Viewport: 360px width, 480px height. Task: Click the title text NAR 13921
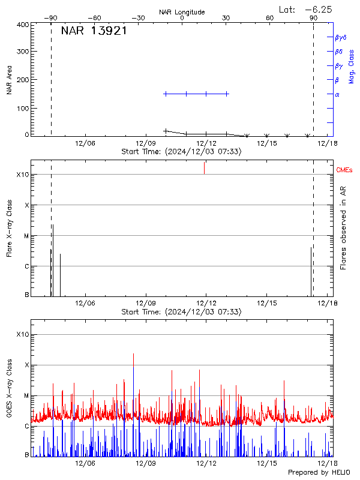coord(94,31)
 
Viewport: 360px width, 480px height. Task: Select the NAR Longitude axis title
coord(182,12)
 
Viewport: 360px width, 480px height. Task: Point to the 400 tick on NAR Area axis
coord(23,25)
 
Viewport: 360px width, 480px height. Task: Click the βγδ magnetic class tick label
coord(341,37)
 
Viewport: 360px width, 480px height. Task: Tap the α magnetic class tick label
coord(337,94)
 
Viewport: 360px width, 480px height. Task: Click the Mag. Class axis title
coord(352,67)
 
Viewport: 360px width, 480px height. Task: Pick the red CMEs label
coord(344,170)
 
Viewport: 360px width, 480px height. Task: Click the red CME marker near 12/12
coord(204,168)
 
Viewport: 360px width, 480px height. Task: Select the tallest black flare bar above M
coord(53,258)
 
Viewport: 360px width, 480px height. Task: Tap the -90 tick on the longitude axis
coord(52,18)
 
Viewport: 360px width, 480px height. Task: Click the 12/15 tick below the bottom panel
coord(266,463)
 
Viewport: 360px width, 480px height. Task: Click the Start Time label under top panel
coord(181,152)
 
